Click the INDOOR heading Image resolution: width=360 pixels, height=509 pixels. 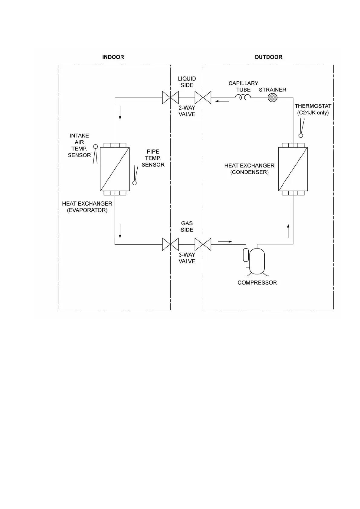pyautogui.click(x=113, y=57)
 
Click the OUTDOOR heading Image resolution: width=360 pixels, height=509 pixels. pyautogui.click(x=268, y=57)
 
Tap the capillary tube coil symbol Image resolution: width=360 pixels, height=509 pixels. pyautogui.click(x=243, y=97)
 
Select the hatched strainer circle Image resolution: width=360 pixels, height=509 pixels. pyautogui.click(x=273, y=97)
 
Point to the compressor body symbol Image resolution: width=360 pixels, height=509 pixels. pyautogui.click(x=257, y=261)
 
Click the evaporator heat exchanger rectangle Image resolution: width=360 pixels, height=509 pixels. pyautogui.click(x=115, y=169)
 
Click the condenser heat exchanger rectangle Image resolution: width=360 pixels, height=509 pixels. pyautogui.click(x=293, y=169)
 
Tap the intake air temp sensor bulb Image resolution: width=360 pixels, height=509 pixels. pyautogui.click(x=96, y=147)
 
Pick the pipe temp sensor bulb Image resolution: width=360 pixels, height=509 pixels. pyautogui.click(x=135, y=183)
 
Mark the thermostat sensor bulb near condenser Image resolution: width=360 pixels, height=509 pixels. pyautogui.click(x=301, y=136)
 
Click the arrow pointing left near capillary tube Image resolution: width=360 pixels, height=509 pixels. pyautogui.click(x=222, y=101)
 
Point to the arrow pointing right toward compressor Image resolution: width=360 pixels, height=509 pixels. pyautogui.click(x=225, y=242)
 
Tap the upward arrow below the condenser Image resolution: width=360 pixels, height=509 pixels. pyautogui.click(x=288, y=231)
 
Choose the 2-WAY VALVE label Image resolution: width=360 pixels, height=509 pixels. pyautogui.click(x=187, y=111)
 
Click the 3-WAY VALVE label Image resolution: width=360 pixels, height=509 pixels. pyautogui.click(x=187, y=258)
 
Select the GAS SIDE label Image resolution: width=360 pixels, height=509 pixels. pyautogui.click(x=187, y=226)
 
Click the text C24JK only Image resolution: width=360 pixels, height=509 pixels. pyautogui.click(x=313, y=113)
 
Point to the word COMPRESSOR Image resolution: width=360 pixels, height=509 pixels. pyautogui.click(x=257, y=283)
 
